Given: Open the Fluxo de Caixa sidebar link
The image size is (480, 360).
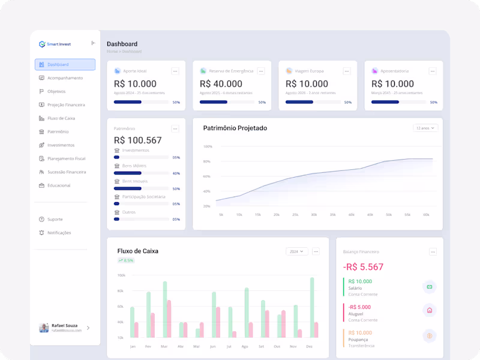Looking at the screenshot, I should tap(61, 118).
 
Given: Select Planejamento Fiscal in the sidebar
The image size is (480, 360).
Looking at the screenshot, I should tap(66, 158).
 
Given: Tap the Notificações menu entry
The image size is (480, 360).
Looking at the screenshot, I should tap(59, 233).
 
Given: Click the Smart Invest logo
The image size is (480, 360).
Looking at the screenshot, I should tap(42, 44).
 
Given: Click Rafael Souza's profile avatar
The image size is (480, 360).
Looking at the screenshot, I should tap(44, 328).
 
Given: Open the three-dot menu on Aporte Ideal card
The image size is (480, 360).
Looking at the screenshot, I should tap(175, 71).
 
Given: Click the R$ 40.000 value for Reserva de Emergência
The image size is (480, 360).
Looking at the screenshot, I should tap(221, 84).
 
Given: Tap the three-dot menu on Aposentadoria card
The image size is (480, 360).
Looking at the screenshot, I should tap(433, 71).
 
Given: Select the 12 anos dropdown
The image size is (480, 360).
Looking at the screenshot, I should tap(425, 128).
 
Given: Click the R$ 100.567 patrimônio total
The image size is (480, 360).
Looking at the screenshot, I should tap(137, 140).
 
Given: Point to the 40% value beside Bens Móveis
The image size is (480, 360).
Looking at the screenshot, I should tap(176, 173).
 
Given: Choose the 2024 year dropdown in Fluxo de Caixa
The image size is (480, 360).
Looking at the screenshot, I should tap(297, 251).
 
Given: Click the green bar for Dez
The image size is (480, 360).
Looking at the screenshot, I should tap(312, 307).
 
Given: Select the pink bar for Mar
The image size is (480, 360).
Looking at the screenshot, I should tap(169, 319).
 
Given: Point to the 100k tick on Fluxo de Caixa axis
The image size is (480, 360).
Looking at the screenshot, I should tap(121, 275).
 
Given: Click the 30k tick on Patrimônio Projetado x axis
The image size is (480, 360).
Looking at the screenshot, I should tap(313, 215).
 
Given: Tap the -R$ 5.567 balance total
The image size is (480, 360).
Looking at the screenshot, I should tap(363, 267).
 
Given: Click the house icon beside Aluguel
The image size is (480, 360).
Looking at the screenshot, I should tap(429, 310).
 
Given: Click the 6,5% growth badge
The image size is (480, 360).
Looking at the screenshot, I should tap(126, 260).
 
